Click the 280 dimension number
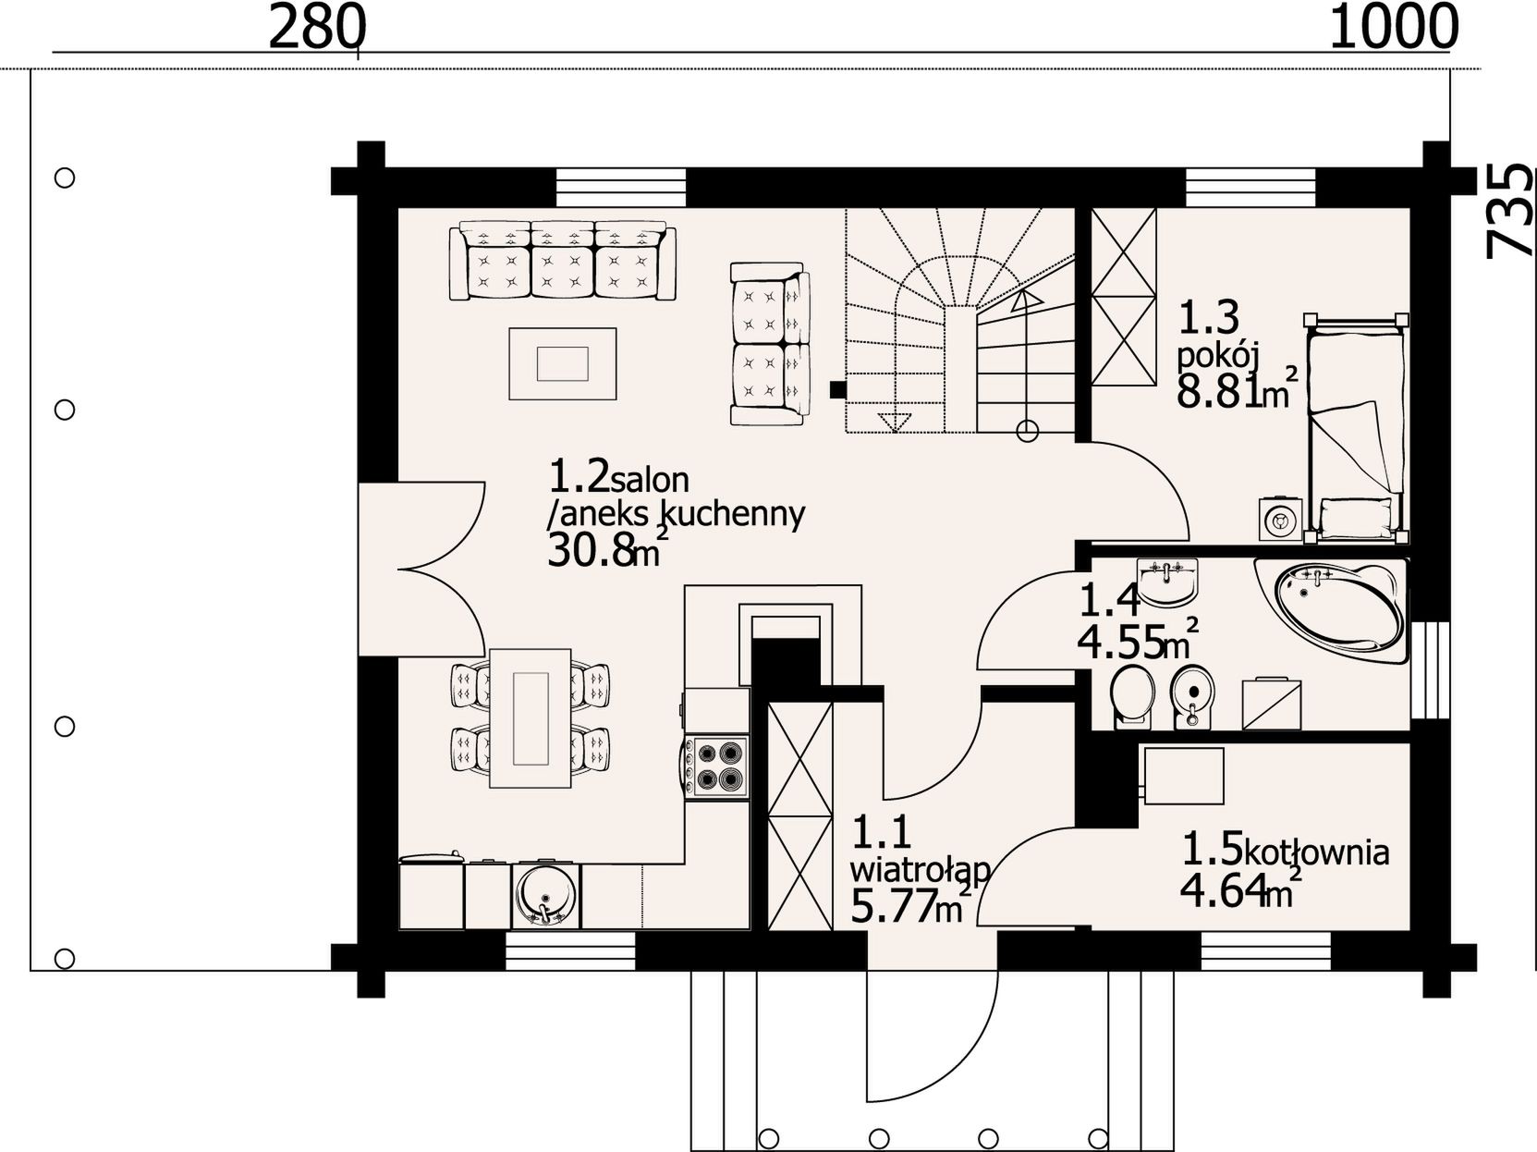[x=316, y=28]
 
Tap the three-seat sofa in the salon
[x=562, y=261]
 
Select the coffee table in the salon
[x=562, y=363]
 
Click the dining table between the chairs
[x=530, y=718]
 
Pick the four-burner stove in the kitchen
[x=717, y=766]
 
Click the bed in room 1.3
[x=1357, y=428]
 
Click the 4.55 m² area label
[x=1137, y=641]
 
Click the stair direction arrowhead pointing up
[x=1027, y=299]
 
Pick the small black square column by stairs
[x=837, y=389]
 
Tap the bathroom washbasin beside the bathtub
[x=1166, y=582]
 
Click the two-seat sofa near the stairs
[x=770, y=344]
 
